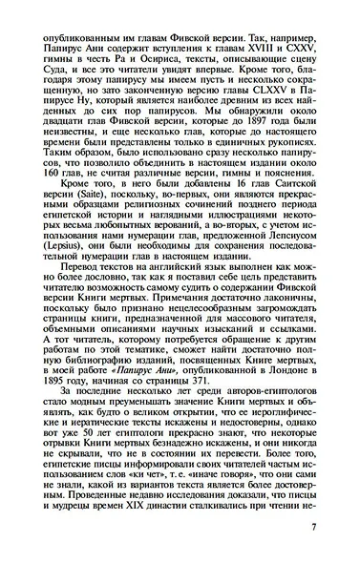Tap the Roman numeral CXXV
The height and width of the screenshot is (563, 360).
click(309, 43)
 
